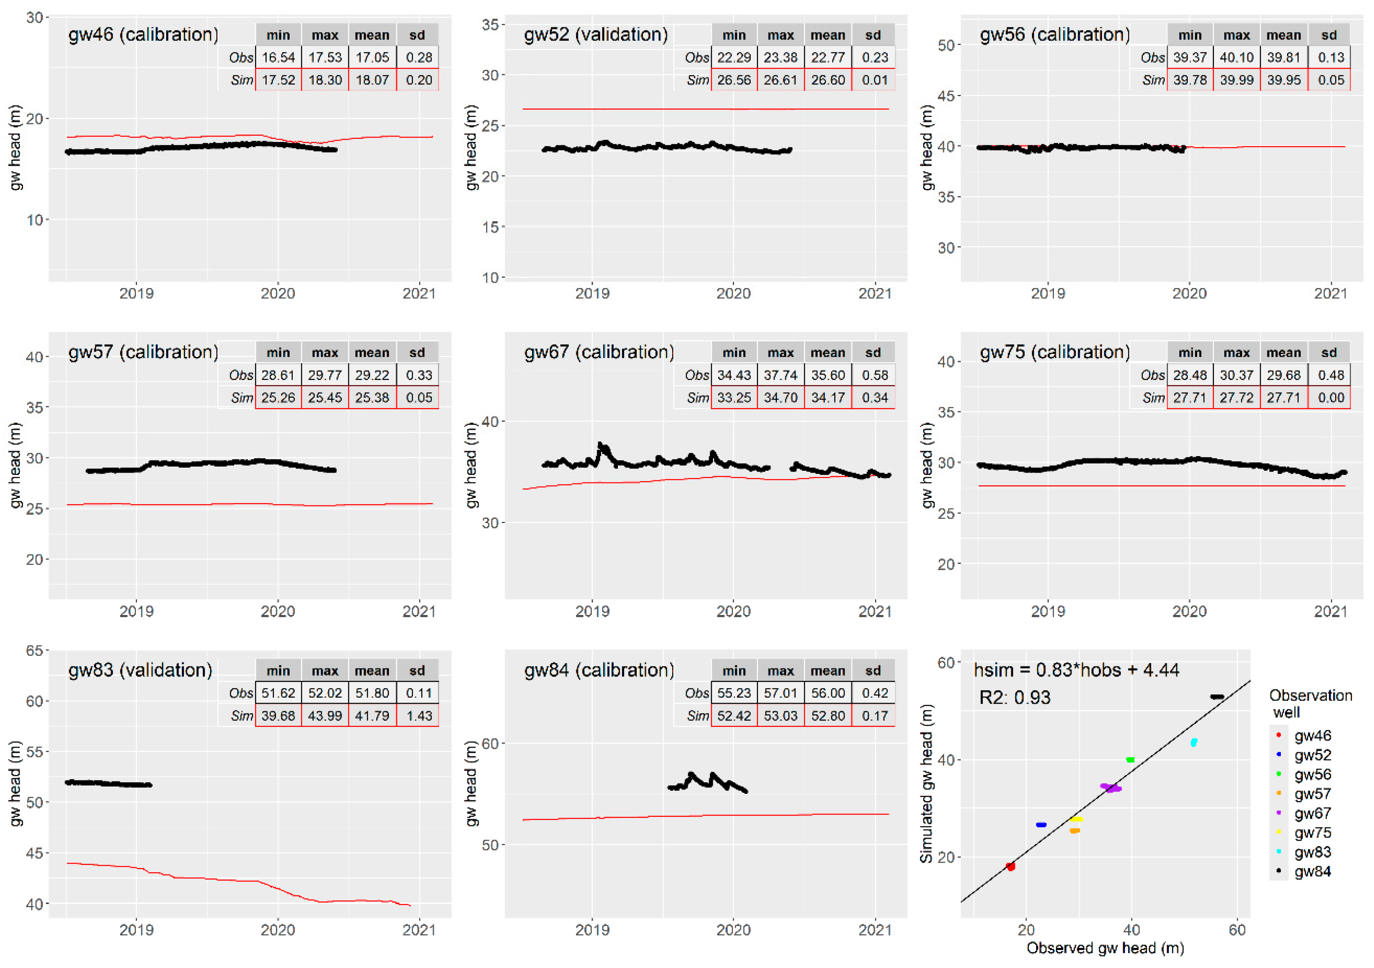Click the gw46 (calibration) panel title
(144, 34)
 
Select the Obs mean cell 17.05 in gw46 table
(372, 57)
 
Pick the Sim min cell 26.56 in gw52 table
(734, 80)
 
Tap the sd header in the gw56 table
(1329, 35)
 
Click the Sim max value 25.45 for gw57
(325, 398)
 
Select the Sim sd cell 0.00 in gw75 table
(1330, 398)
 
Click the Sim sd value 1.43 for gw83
(418, 716)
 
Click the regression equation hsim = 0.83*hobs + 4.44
(1076, 670)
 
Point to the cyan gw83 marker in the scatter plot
(1193, 743)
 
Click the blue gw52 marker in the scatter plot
(1041, 825)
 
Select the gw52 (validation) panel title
(596, 34)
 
